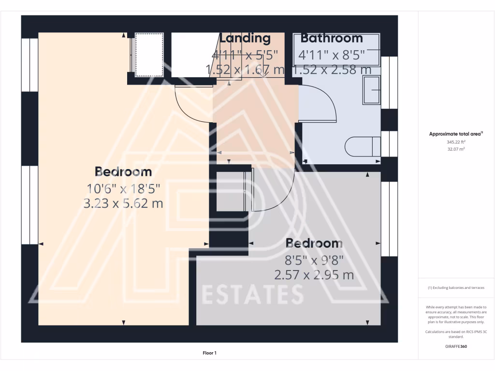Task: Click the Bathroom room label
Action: (x=332, y=38)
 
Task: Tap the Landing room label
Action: (x=245, y=38)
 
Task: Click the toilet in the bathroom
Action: (x=363, y=146)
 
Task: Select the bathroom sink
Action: (x=372, y=89)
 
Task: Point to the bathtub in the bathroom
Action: (x=336, y=50)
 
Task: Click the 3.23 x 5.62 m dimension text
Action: (x=123, y=203)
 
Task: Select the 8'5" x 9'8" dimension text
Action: (x=314, y=260)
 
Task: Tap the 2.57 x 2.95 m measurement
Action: (x=314, y=275)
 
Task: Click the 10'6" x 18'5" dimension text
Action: (x=123, y=188)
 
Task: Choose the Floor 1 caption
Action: (x=209, y=353)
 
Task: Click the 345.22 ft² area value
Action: (x=456, y=143)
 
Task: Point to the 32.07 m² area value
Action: (x=456, y=149)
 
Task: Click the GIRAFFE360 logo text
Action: (x=456, y=346)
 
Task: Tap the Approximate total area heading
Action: (x=456, y=134)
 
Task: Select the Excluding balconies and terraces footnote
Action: (x=456, y=288)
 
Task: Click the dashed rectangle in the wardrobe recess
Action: (x=149, y=55)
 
